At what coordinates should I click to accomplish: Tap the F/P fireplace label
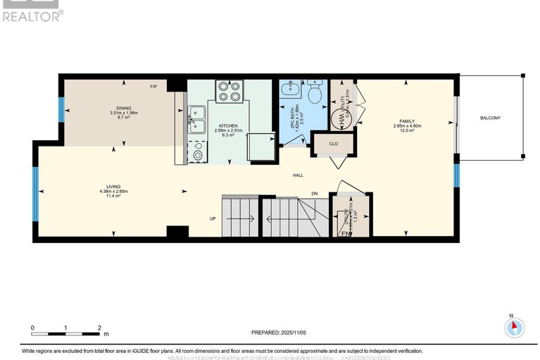(153, 87)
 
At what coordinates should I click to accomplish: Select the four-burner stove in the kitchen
(230, 94)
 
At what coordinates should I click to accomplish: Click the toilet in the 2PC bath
(315, 92)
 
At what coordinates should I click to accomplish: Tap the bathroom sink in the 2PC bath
(289, 89)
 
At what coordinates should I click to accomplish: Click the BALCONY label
(490, 118)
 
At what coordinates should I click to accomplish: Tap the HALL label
(299, 175)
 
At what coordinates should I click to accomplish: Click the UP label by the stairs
(212, 218)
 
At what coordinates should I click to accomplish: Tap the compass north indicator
(515, 326)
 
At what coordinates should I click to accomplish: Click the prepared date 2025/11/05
(280, 332)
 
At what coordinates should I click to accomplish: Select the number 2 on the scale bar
(99, 328)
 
